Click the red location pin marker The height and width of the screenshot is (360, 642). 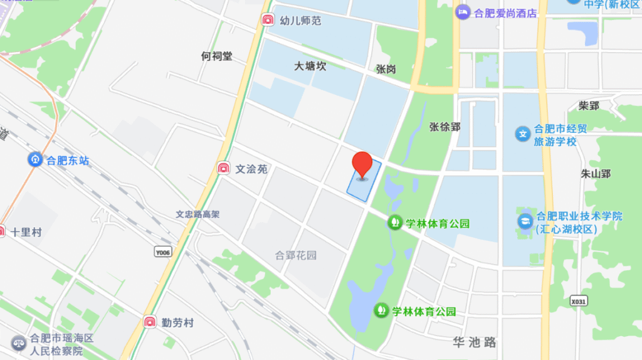362,164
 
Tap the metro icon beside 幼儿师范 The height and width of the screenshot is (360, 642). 268,20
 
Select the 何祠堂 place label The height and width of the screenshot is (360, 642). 216,56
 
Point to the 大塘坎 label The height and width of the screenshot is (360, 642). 310,66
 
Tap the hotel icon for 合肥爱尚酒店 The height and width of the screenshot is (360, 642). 463,12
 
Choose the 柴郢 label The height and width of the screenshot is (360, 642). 589,105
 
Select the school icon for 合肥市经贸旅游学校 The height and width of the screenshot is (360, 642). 522,134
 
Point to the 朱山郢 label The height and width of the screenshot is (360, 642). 596,173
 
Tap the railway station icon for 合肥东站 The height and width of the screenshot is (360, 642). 34,160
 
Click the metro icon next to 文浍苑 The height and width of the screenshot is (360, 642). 223,168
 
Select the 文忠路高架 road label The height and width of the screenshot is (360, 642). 197,214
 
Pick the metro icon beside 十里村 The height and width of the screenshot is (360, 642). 2,231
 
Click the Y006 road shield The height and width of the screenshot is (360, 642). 162,251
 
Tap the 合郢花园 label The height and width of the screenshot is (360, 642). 296,255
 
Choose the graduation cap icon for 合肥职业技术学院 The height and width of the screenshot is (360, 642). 524,221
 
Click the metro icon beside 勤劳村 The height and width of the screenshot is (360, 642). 150,322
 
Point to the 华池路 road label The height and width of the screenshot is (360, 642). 475,342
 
